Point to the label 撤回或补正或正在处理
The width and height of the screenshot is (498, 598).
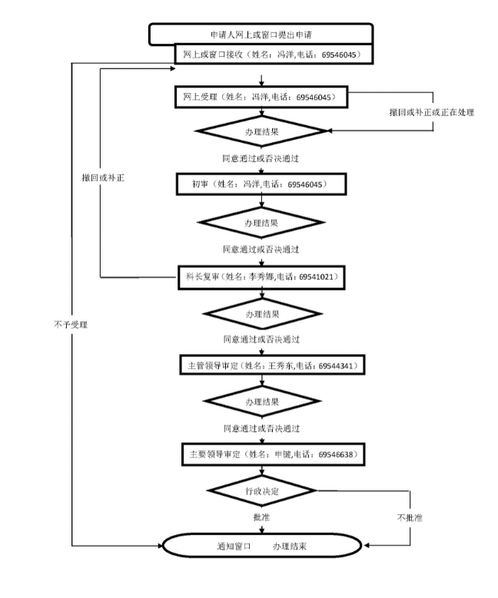[x=432, y=112]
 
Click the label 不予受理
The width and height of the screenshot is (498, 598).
[x=71, y=324]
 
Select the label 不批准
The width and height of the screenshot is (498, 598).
[x=410, y=517]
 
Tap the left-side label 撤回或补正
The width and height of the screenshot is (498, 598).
[x=103, y=178]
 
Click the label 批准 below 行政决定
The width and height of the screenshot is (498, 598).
[x=261, y=517]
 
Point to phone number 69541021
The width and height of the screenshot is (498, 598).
[x=316, y=277]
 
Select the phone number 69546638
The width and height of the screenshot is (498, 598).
[x=336, y=454]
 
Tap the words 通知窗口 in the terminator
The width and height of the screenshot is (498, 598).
[x=234, y=547]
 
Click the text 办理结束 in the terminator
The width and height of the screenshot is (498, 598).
[x=290, y=547]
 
